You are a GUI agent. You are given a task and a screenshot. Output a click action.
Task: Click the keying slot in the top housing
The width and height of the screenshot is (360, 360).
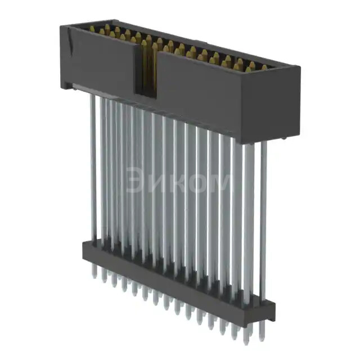point(148,70)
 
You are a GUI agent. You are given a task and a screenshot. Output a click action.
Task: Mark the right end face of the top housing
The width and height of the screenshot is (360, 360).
point(290,104)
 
